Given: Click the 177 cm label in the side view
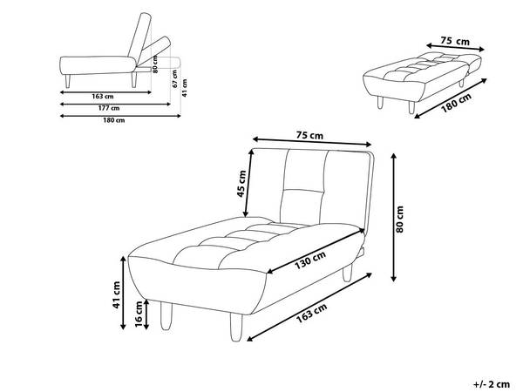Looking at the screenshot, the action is click(x=109, y=108).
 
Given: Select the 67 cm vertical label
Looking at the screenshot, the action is click(x=175, y=78).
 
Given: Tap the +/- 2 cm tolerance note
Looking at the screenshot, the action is click(x=492, y=384).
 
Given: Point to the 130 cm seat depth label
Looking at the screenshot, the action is click(x=309, y=260).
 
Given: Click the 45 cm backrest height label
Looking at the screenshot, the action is click(x=241, y=184).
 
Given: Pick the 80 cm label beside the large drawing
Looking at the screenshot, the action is click(x=399, y=219).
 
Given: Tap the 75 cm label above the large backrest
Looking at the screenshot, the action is click(x=309, y=136).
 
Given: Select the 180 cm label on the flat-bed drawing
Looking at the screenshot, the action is click(x=456, y=103).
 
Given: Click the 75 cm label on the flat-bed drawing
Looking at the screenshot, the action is click(x=455, y=41).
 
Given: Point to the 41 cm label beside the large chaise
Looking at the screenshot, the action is click(x=116, y=294).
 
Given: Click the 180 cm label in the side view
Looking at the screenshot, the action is click(x=113, y=120).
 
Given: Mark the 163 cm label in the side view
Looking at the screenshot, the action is click(x=103, y=97).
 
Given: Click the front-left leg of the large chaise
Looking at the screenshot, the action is click(x=166, y=315).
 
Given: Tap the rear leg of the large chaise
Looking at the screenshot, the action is click(x=347, y=272).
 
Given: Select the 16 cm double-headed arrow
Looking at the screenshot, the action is click(x=146, y=314).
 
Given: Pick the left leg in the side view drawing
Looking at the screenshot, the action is click(x=68, y=81).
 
